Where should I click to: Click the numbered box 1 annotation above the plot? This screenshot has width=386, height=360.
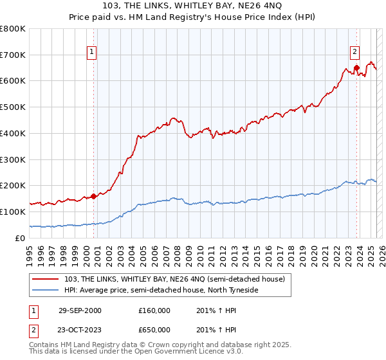[92, 53]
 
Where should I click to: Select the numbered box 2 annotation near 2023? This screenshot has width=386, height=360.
[354, 53]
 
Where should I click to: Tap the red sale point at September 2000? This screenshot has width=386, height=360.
[94, 196]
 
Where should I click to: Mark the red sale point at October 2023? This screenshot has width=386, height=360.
[356, 67]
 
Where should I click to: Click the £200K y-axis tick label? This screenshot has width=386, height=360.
[13, 185]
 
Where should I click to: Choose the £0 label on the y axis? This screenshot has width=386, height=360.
[21, 238]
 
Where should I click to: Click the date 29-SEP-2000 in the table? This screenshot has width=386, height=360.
[80, 310]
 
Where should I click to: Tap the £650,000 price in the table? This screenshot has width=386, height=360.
[154, 329]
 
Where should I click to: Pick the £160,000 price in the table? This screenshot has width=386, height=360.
[154, 310]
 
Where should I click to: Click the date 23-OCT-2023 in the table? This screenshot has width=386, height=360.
[80, 329]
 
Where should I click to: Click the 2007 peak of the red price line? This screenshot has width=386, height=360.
[172, 118]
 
